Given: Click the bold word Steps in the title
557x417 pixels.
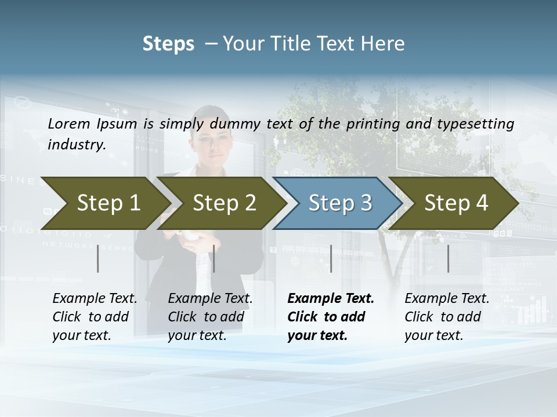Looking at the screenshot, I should tap(168, 44).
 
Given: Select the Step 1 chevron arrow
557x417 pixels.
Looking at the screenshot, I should tap(104, 203).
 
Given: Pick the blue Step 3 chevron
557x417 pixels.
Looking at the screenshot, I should tap(338, 203).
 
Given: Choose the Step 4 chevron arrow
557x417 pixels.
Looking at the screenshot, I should tap(454, 203).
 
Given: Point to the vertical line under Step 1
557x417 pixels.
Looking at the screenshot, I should tap(98, 258).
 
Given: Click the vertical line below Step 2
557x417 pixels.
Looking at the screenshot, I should tap(214, 258).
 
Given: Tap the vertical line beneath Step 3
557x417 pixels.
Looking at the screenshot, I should tap(331, 258).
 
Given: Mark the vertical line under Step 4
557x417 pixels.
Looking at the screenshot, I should tap(448, 258).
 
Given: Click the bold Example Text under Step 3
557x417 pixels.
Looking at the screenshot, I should tap(331, 299).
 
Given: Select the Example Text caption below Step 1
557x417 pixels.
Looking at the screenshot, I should tap(95, 299).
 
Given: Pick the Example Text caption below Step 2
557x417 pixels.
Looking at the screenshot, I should tap(210, 299).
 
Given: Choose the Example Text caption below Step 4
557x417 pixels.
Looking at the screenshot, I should tap(447, 299).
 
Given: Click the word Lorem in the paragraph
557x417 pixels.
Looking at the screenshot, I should tap(68, 123).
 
